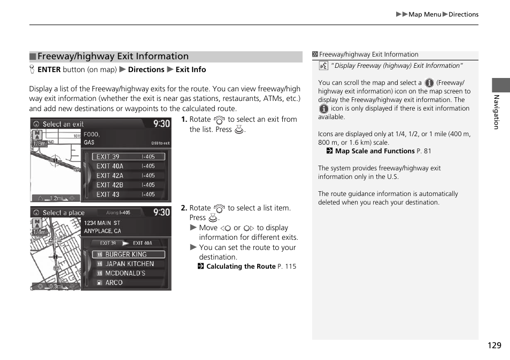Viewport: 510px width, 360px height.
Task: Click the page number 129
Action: pyautogui.click(x=494, y=345)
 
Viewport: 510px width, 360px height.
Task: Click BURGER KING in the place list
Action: pyautogui.click(x=126, y=254)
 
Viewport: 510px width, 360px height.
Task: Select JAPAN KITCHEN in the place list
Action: pyautogui.click(x=129, y=264)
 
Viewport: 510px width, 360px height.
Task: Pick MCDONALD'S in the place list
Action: pyautogui.click(x=125, y=273)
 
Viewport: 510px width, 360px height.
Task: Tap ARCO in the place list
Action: pyautogui.click(x=114, y=283)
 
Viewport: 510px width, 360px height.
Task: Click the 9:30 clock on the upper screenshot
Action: pyautogui.click(x=161, y=123)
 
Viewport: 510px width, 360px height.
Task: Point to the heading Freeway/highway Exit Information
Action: pyautogui.click(x=113, y=57)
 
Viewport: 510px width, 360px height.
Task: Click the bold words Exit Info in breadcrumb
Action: pyautogui.click(x=190, y=69)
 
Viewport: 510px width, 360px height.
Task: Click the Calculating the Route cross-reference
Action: pyautogui.click(x=241, y=266)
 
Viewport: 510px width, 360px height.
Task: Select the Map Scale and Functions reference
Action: pyautogui.click(x=374, y=151)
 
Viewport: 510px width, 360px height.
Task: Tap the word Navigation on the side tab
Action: pyautogui.click(x=496, y=112)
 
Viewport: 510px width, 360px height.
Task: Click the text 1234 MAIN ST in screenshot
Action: pyautogui.click(x=102, y=223)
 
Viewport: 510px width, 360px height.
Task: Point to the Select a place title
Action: pyautogui.click(x=64, y=213)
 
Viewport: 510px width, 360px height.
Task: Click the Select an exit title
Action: pyautogui.click(x=63, y=124)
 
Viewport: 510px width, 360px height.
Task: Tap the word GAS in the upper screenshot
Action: pyautogui.click(x=89, y=143)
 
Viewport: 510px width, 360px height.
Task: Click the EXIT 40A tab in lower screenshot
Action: pyautogui.click(x=142, y=243)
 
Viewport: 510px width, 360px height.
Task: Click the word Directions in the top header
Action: pyautogui.click(x=463, y=14)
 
